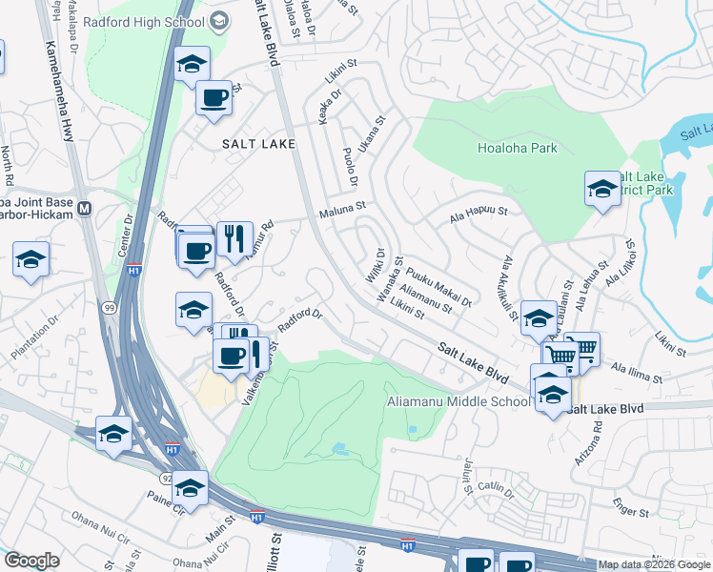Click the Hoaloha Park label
pyautogui.click(x=517, y=148)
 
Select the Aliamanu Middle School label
pyautogui.click(x=458, y=401)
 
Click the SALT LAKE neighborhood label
pyautogui.click(x=245, y=143)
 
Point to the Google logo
pyautogui.click(x=31, y=561)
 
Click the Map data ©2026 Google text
pyautogui.click(x=654, y=564)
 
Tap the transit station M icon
pyautogui.click(x=84, y=209)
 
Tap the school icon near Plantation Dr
pyautogui.click(x=31, y=259)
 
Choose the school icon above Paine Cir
pyautogui.click(x=191, y=488)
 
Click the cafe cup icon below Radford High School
pyautogui.click(x=213, y=97)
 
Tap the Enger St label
pyautogui.click(x=631, y=513)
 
